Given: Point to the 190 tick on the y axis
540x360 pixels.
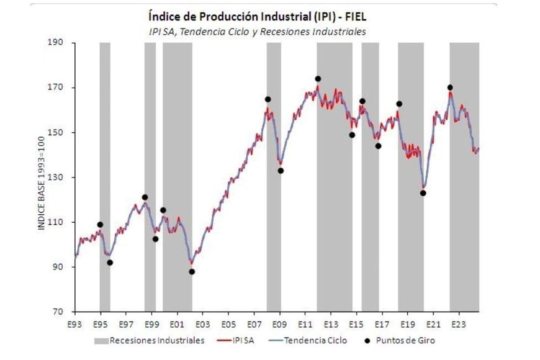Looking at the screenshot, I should pyautogui.click(x=59, y=43).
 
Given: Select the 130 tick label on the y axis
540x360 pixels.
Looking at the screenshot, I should pyautogui.click(x=59, y=178).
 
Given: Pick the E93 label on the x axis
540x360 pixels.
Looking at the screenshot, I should pyautogui.click(x=74, y=325).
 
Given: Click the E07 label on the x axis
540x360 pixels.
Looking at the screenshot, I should pyautogui.click(x=254, y=325).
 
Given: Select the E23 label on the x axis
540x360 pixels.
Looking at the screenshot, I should pyautogui.click(x=459, y=325).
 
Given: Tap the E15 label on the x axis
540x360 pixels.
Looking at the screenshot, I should pyautogui.click(x=356, y=325).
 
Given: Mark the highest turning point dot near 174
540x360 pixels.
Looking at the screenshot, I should pyautogui.click(x=318, y=79).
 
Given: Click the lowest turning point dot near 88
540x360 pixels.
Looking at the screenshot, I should pyautogui.click(x=192, y=271).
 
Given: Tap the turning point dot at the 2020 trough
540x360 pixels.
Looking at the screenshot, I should pyautogui.click(x=423, y=193).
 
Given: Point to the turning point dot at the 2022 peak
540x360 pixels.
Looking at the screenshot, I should pyautogui.click(x=450, y=88).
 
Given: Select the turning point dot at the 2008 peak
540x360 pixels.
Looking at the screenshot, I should pyautogui.click(x=268, y=99).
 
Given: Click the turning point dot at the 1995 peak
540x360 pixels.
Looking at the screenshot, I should pyautogui.click(x=100, y=225).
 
